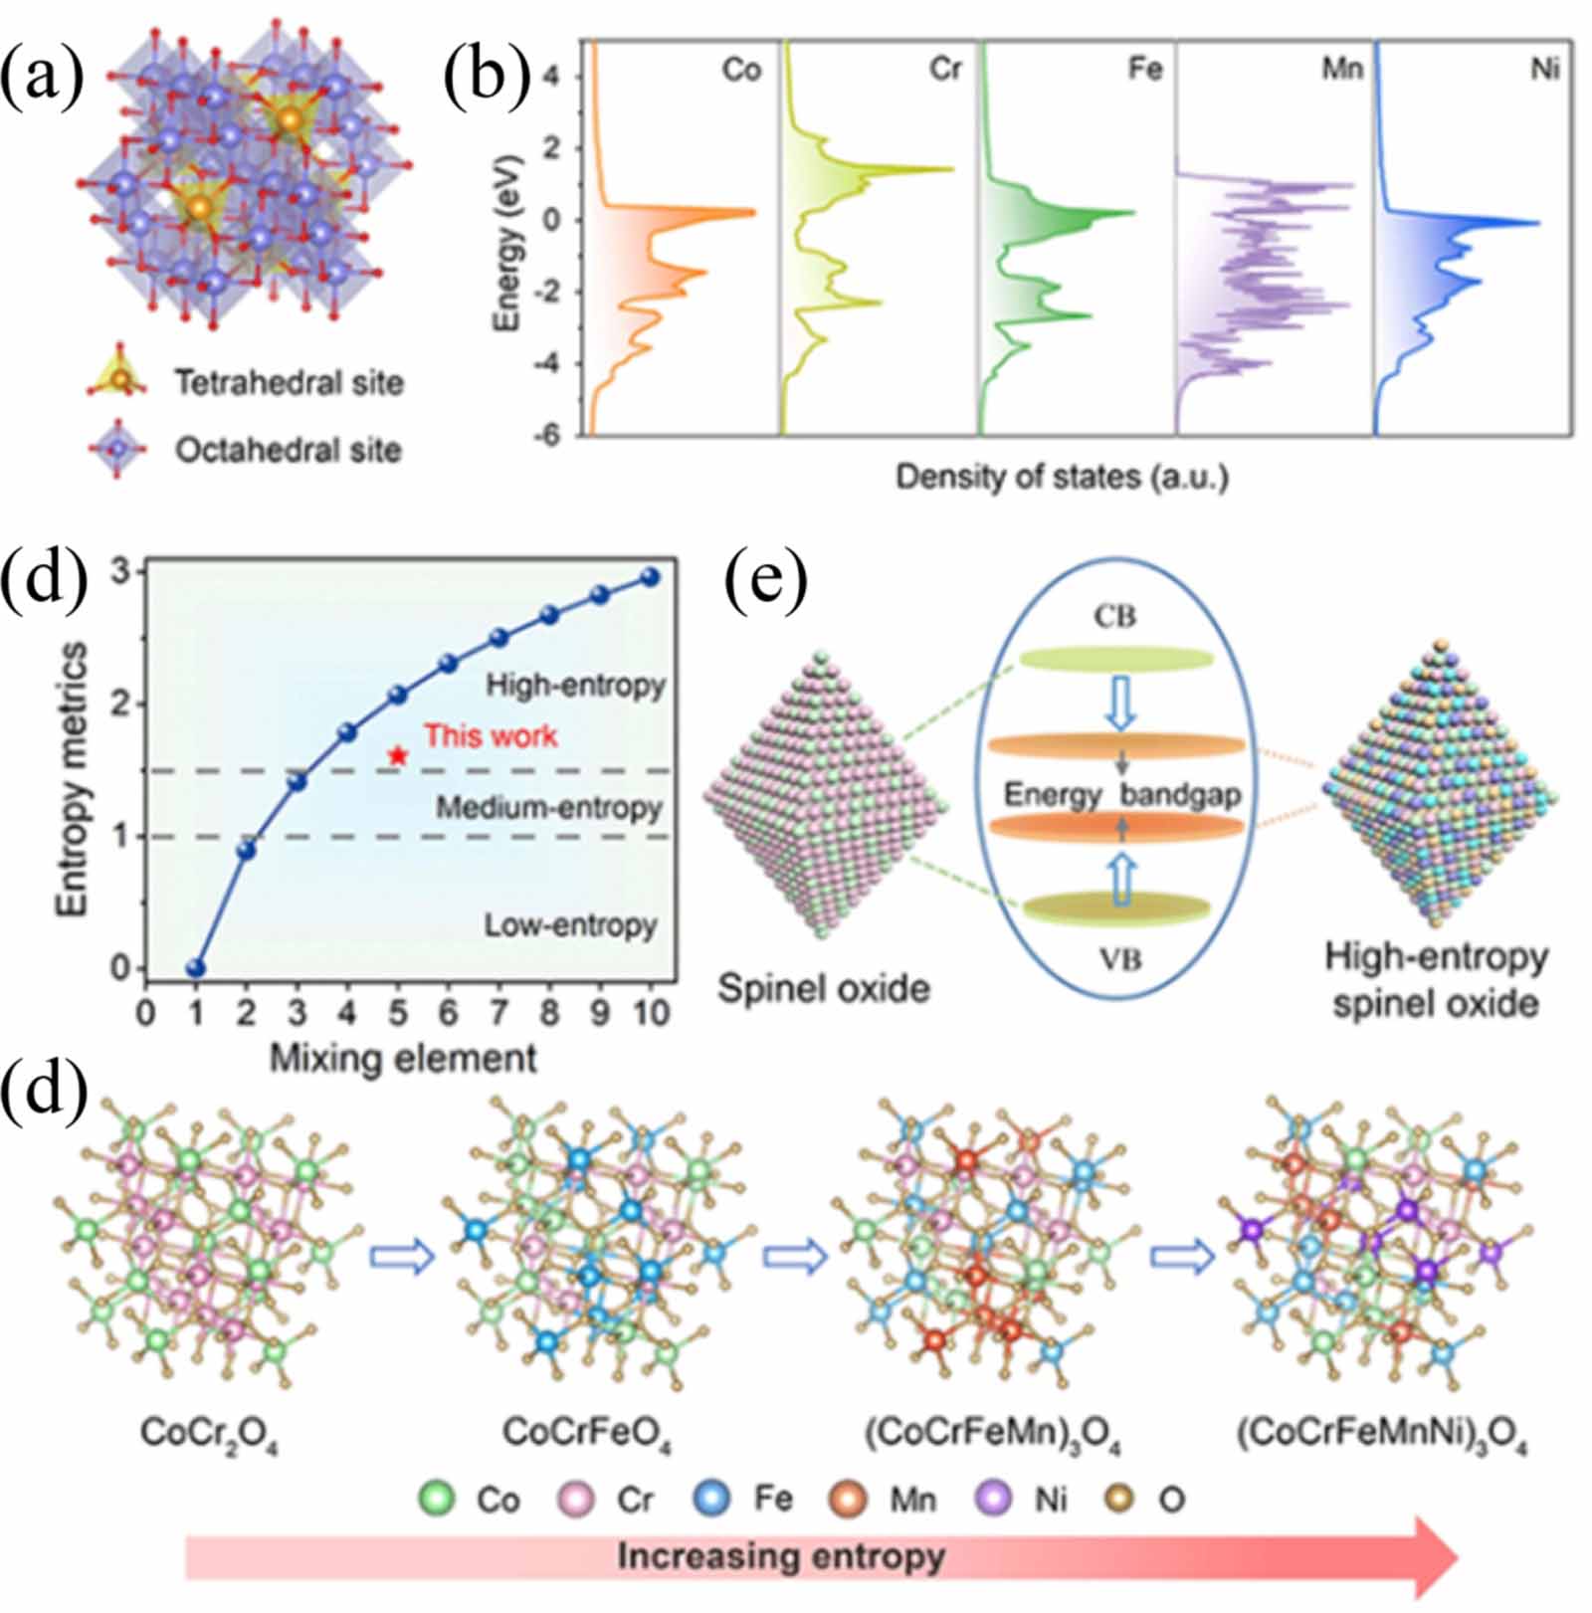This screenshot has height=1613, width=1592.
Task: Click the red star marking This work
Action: [x=398, y=756]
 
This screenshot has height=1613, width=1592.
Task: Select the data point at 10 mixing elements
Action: [x=650, y=577]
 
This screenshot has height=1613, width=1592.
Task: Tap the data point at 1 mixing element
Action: [x=196, y=968]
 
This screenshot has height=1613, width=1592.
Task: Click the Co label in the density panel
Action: [x=741, y=70]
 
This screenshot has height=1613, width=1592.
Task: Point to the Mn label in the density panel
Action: [x=1341, y=70]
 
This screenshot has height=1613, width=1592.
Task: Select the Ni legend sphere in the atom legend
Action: [x=992, y=1499]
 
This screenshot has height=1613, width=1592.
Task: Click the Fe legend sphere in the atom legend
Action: [x=711, y=1499]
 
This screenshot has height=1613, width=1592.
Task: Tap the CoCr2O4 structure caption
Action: [x=209, y=1434]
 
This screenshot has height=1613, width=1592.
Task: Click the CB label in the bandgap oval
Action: [x=1114, y=617]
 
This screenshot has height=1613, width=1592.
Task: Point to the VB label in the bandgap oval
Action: [x=1120, y=960]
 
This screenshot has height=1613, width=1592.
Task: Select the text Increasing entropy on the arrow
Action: [x=781, y=1556]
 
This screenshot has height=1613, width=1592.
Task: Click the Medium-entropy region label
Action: [x=548, y=807]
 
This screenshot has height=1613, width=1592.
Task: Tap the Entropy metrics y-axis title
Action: [x=72, y=779]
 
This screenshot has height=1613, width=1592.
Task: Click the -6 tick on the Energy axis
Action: [x=546, y=435]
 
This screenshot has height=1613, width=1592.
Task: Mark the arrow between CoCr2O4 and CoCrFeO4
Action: [x=402, y=1257]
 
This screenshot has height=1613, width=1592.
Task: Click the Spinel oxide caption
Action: [x=824, y=988]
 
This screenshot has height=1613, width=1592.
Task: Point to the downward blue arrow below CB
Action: [x=1121, y=703]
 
